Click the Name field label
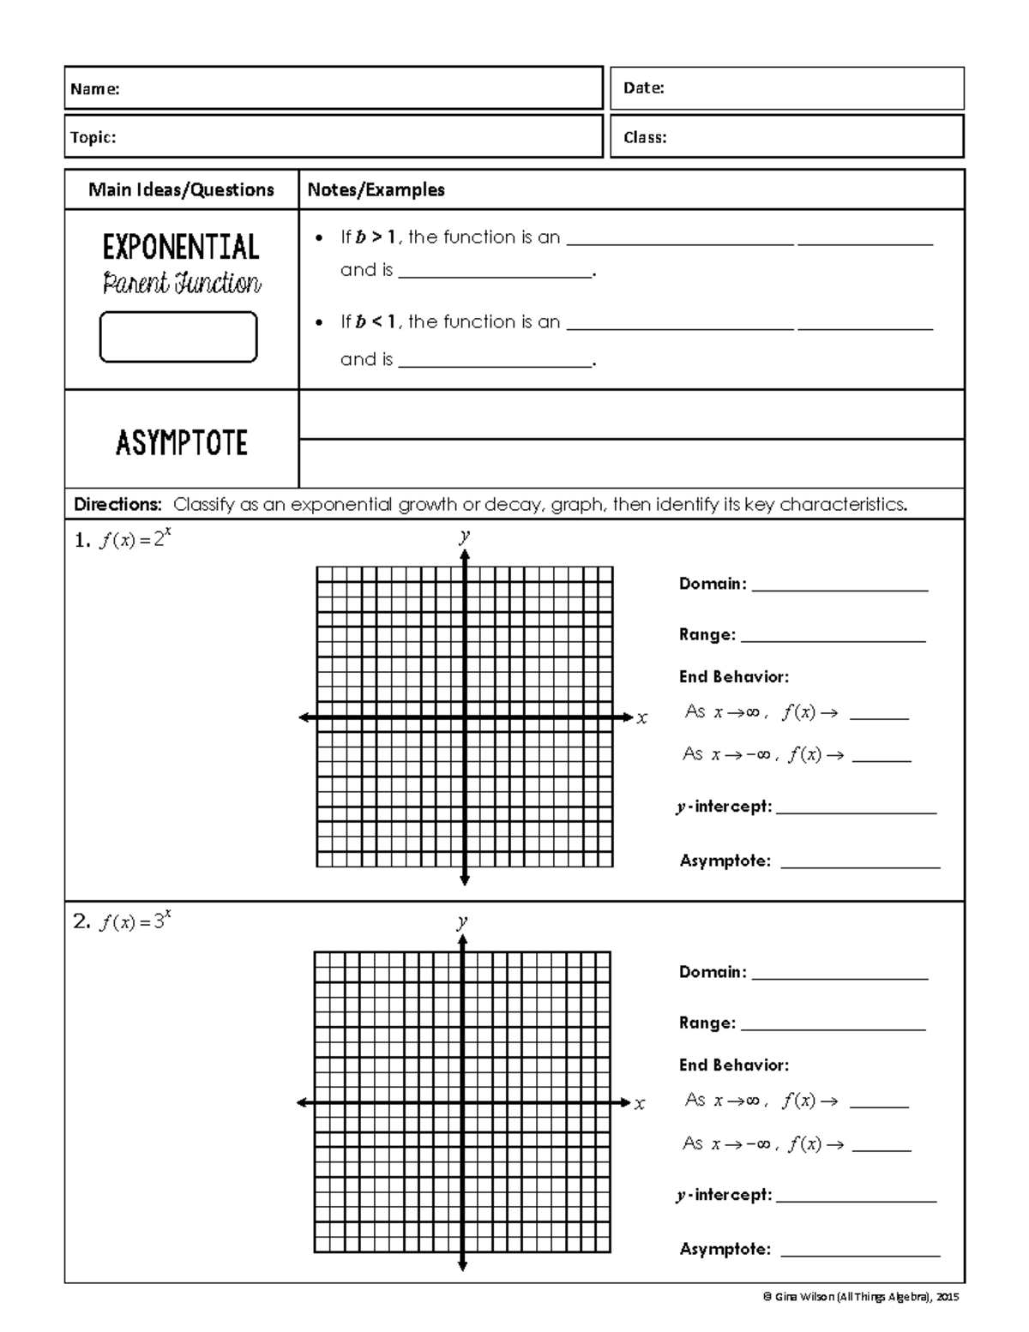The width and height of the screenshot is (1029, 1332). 95,89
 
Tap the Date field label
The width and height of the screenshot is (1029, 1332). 643,87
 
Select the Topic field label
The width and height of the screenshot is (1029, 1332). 93,137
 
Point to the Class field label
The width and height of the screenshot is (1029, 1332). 645,137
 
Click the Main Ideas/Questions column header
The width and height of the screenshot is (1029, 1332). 181,190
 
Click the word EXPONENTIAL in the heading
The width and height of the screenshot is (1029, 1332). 181,248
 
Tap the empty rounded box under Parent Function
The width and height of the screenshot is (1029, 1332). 178,337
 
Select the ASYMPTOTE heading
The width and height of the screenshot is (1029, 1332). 181,443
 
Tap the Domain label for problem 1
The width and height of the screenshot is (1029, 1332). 713,584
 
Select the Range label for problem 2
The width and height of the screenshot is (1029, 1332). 707,1023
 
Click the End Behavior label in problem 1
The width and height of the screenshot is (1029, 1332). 733,677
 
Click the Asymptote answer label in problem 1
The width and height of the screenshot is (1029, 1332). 725,861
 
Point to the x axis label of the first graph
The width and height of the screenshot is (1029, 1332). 642,718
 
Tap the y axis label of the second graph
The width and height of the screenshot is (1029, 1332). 462,922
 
